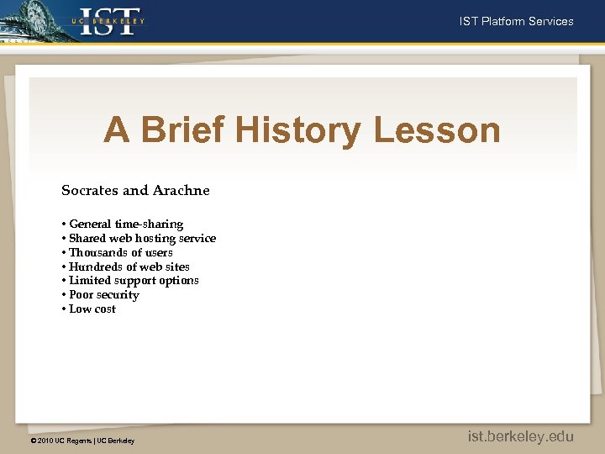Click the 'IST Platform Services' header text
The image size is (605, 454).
coord(516,22)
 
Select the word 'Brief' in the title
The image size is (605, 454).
coord(183,130)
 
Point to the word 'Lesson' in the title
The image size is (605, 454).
coord(436,130)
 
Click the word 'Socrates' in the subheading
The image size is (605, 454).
coord(91,190)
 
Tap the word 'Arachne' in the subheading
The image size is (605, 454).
coord(181,190)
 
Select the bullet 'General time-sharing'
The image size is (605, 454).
coord(126,224)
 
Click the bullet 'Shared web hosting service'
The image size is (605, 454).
coord(142,238)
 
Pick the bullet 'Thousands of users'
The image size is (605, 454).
coord(121,252)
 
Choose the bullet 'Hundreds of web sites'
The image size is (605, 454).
coord(129,267)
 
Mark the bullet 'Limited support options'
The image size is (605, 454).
coord(134,280)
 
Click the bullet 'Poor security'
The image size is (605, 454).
coord(104,294)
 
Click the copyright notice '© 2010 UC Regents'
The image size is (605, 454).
coord(60,441)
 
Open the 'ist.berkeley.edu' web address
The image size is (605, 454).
coord(520,436)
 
